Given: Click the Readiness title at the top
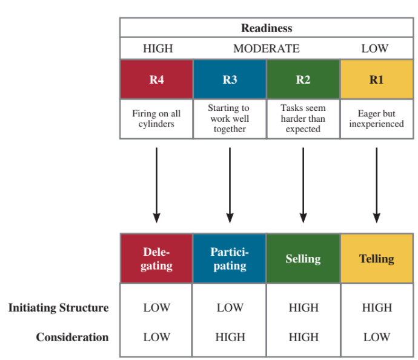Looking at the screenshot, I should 266,28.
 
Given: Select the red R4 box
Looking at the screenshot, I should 156,79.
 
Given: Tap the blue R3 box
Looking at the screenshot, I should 230,79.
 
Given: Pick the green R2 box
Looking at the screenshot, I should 303,79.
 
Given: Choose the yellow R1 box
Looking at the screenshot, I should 376,79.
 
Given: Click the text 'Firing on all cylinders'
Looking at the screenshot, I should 156,119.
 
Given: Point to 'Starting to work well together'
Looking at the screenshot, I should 230,119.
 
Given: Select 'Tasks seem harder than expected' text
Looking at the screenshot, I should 303,119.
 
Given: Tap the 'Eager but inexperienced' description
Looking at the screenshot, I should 376,119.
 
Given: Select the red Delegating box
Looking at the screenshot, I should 156,259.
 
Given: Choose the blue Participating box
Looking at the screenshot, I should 230,259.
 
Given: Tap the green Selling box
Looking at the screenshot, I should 303,259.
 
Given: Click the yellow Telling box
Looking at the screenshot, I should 376,259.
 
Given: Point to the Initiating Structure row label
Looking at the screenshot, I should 58,308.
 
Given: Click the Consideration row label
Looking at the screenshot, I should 72,337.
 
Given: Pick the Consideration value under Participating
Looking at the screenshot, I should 230,337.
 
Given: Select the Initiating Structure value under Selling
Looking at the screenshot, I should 303,308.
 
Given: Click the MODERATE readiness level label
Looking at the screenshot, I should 266,48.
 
